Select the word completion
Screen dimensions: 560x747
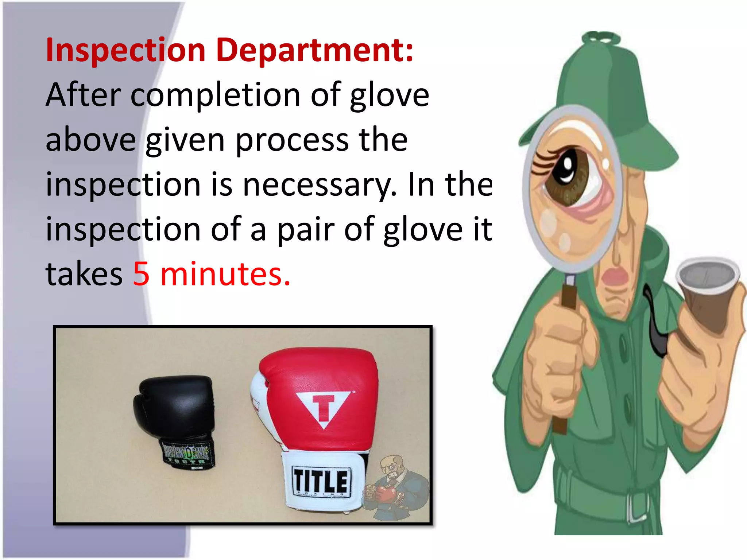click(x=215, y=96)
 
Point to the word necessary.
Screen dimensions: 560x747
click(x=319, y=185)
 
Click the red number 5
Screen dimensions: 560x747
click(x=141, y=274)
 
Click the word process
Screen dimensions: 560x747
click(x=292, y=141)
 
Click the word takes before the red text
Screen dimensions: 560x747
click(x=84, y=274)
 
